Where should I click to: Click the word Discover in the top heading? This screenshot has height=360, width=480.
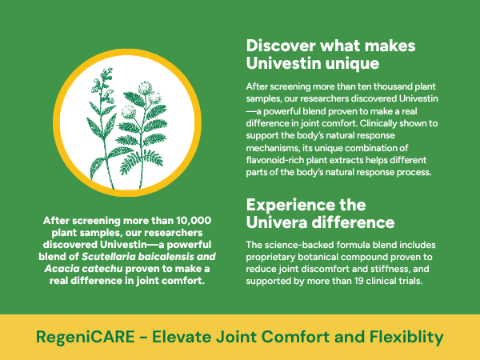point(281,46)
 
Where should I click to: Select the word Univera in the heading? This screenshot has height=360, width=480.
point(277,222)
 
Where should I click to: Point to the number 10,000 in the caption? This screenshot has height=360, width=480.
point(194,221)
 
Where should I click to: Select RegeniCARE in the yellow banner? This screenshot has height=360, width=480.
point(86,337)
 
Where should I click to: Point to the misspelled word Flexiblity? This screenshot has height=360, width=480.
point(406,337)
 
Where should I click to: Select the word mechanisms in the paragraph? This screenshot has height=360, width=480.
point(273,148)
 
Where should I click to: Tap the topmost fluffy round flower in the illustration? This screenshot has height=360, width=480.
point(145,88)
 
